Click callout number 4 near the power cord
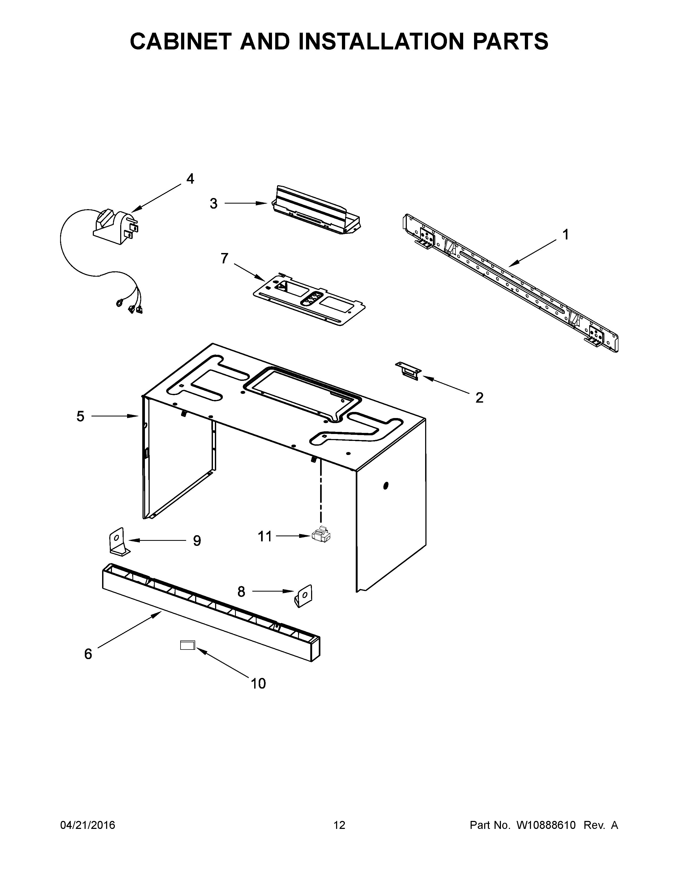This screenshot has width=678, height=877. [x=190, y=179]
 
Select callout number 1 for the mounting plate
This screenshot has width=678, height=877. [x=566, y=234]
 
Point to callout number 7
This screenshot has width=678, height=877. [x=224, y=259]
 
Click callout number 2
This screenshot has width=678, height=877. [x=479, y=398]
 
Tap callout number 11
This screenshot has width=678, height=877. [x=265, y=536]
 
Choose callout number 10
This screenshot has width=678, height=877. [x=258, y=684]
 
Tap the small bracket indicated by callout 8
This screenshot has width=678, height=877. [x=304, y=596]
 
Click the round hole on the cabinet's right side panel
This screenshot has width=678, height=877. [x=386, y=486]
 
